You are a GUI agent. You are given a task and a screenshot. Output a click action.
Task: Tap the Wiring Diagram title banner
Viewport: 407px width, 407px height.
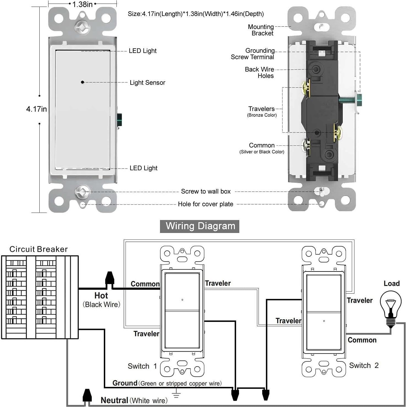click(200, 226)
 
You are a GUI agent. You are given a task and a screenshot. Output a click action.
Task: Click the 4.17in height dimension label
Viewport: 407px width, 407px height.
click(36, 109)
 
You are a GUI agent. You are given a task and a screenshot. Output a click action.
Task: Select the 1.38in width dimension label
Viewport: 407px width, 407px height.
click(82, 4)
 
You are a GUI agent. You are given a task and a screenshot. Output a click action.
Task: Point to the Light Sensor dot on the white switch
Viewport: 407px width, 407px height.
click(82, 82)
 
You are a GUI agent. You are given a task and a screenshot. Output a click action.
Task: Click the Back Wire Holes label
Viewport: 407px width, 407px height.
click(259, 72)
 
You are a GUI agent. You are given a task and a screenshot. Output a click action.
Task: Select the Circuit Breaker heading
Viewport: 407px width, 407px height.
click(39, 249)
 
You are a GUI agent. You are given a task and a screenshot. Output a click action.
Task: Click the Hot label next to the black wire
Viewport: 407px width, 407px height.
click(101, 295)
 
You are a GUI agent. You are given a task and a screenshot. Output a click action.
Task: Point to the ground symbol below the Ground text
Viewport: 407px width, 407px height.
click(177, 394)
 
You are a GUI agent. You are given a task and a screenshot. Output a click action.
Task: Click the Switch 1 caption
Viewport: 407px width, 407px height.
click(142, 366)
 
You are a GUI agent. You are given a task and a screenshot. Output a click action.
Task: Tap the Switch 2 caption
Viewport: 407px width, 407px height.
click(364, 365)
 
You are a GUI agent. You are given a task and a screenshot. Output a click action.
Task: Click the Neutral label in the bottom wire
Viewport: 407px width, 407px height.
click(114, 400)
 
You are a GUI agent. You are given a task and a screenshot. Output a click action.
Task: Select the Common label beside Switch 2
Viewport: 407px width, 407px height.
click(362, 340)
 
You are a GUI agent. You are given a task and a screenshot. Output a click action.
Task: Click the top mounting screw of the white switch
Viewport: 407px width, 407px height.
click(82, 27)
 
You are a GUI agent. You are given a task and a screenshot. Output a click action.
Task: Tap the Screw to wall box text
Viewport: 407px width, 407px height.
click(206, 191)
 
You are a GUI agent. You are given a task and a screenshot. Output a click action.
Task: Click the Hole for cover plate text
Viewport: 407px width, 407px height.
click(205, 204)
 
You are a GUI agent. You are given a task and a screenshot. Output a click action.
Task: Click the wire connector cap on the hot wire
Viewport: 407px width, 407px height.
click(110, 278)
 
